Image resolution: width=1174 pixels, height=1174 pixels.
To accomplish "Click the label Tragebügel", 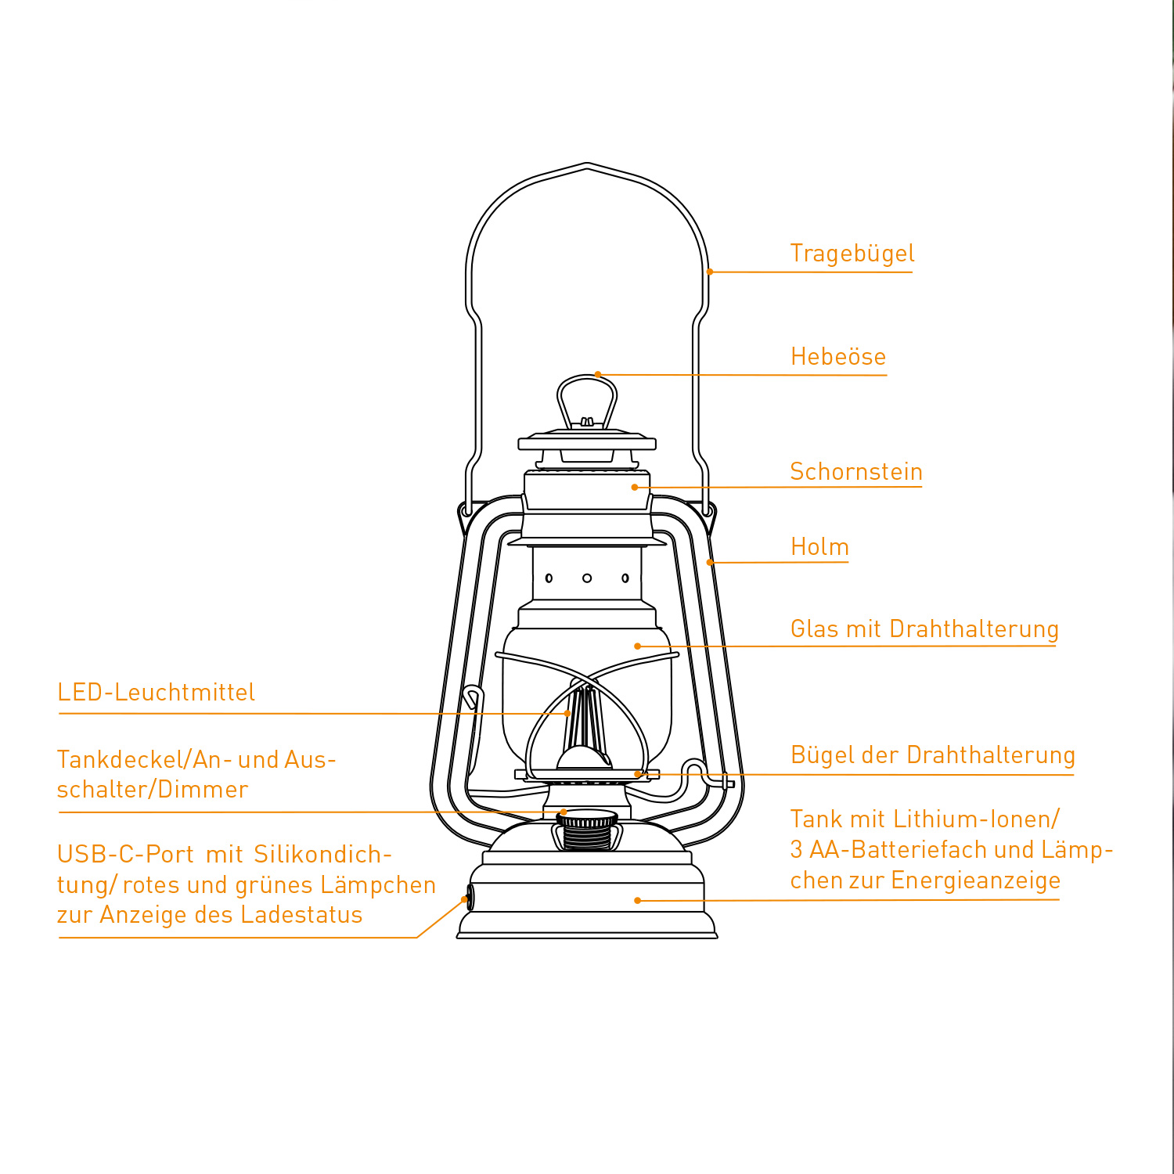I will coord(852,254).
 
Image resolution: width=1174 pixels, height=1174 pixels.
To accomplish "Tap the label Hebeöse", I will coord(837,357).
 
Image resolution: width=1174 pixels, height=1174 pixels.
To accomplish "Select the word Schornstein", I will coord(855,471).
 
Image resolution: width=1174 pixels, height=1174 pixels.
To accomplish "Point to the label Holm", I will coord(819,546).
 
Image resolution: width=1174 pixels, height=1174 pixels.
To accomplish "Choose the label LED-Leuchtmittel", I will coord(157,692).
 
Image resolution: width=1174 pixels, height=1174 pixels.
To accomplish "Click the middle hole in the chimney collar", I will coord(587,578).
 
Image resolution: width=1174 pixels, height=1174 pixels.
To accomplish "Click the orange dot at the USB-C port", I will coord(465,899).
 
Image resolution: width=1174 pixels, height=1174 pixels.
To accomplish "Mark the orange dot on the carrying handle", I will coord(709,272).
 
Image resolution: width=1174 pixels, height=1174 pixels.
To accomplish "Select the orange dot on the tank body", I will coord(637,901).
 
